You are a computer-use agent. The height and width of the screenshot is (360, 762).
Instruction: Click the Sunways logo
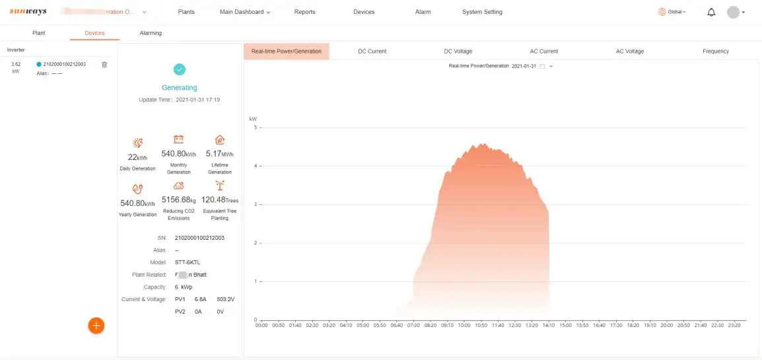click(x=28, y=12)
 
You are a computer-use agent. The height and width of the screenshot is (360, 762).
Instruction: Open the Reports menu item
click(x=304, y=12)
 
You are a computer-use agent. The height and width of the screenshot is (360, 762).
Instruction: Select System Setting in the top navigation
click(x=482, y=12)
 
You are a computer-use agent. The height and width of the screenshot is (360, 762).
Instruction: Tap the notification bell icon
click(x=711, y=12)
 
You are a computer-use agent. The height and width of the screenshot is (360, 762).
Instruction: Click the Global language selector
click(x=672, y=12)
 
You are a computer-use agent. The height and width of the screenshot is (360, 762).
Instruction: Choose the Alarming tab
click(x=151, y=33)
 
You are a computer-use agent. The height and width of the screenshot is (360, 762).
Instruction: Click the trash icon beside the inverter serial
click(x=104, y=64)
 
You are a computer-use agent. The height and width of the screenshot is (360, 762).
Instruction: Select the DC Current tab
click(x=372, y=52)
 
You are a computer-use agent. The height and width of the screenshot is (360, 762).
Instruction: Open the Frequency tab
click(x=716, y=52)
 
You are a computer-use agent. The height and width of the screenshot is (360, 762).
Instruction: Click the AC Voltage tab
click(x=630, y=52)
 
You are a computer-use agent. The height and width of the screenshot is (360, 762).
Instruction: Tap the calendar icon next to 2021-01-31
click(x=542, y=66)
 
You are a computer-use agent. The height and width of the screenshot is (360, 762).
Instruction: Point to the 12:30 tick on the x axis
click(x=515, y=325)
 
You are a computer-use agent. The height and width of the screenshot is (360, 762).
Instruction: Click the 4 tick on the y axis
click(x=256, y=166)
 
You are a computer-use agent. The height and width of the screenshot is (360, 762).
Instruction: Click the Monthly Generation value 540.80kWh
click(x=178, y=154)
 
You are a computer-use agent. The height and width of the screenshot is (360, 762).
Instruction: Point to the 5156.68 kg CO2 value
click(x=178, y=199)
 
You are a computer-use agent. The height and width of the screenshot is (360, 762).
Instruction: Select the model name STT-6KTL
click(x=186, y=262)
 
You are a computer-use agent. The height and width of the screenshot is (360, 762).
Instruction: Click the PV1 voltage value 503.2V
click(x=226, y=299)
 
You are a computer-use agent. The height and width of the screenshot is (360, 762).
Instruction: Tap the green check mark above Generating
click(x=180, y=69)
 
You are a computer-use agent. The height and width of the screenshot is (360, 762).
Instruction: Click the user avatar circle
click(x=733, y=12)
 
